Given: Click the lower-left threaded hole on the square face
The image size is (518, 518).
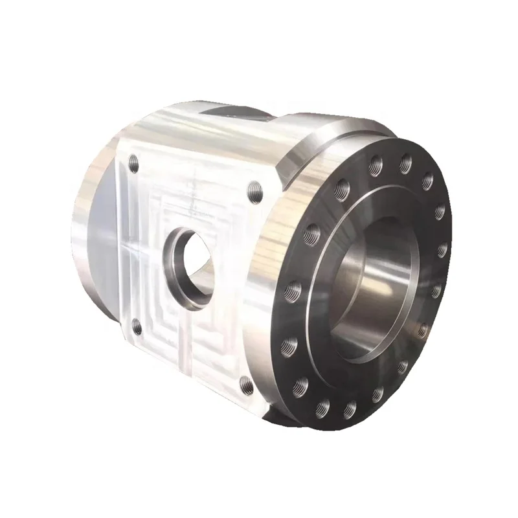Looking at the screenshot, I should pyautogui.click(x=136, y=327).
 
